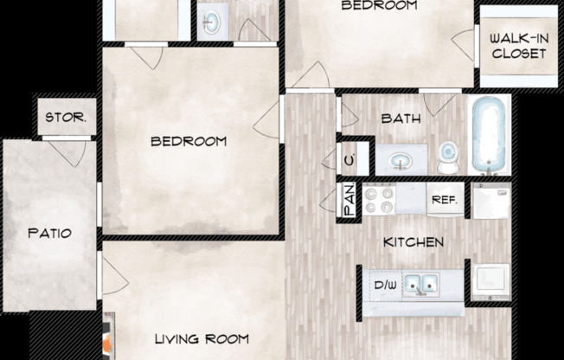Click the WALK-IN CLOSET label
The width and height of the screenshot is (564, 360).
pyautogui.click(x=518, y=45)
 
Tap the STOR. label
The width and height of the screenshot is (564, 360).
pyautogui.click(x=65, y=117)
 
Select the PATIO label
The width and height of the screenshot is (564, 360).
pyautogui.click(x=48, y=234)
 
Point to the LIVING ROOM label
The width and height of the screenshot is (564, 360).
pyautogui.click(x=202, y=338)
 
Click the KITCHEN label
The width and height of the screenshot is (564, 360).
pyautogui.click(x=414, y=242)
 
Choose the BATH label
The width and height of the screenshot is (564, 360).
pyautogui.click(x=401, y=119)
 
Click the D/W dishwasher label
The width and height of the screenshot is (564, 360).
pyautogui.click(x=384, y=283)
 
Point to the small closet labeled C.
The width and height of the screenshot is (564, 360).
pyautogui.click(x=349, y=159)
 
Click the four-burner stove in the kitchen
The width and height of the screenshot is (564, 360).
pyautogui.click(x=379, y=202)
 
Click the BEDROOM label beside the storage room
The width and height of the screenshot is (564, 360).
pyautogui.click(x=189, y=141)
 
